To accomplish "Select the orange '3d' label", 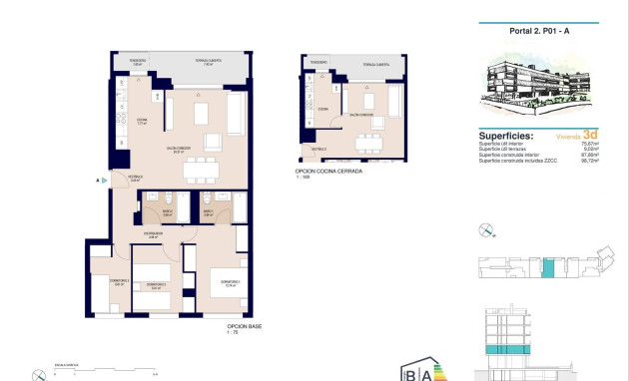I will click(590, 135).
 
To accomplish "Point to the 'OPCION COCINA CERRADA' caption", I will click(328, 172).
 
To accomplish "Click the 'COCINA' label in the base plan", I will click(142, 120).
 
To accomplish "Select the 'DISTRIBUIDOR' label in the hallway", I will click(153, 234).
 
